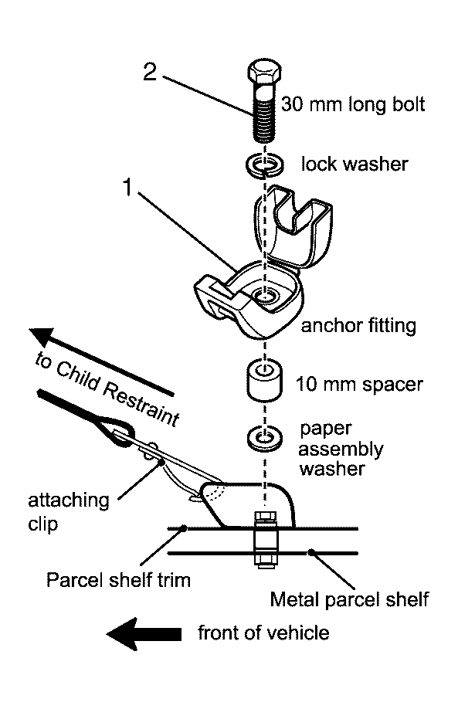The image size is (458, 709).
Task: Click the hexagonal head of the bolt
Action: click(x=264, y=73)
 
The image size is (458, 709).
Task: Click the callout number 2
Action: click(x=150, y=72)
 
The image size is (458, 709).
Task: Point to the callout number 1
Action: click(x=128, y=186)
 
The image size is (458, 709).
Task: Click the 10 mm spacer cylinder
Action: click(x=264, y=380)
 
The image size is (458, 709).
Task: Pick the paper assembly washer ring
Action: click(x=264, y=438)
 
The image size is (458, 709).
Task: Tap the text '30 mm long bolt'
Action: click(x=353, y=104)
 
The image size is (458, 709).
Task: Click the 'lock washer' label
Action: click(x=355, y=164)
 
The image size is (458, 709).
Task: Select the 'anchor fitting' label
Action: click(x=358, y=326)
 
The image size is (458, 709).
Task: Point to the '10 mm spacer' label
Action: click(x=359, y=385)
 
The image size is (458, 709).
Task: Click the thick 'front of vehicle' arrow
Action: click(x=144, y=633)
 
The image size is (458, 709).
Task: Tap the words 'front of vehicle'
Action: click(x=263, y=633)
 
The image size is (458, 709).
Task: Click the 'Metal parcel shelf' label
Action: click(x=349, y=599)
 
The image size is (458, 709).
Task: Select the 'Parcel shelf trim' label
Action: click(x=118, y=580)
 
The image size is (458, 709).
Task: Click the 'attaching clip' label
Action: click(x=69, y=512)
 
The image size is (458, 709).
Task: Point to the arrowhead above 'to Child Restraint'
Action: click(x=42, y=337)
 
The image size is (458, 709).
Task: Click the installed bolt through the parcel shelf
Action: click(x=265, y=539)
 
